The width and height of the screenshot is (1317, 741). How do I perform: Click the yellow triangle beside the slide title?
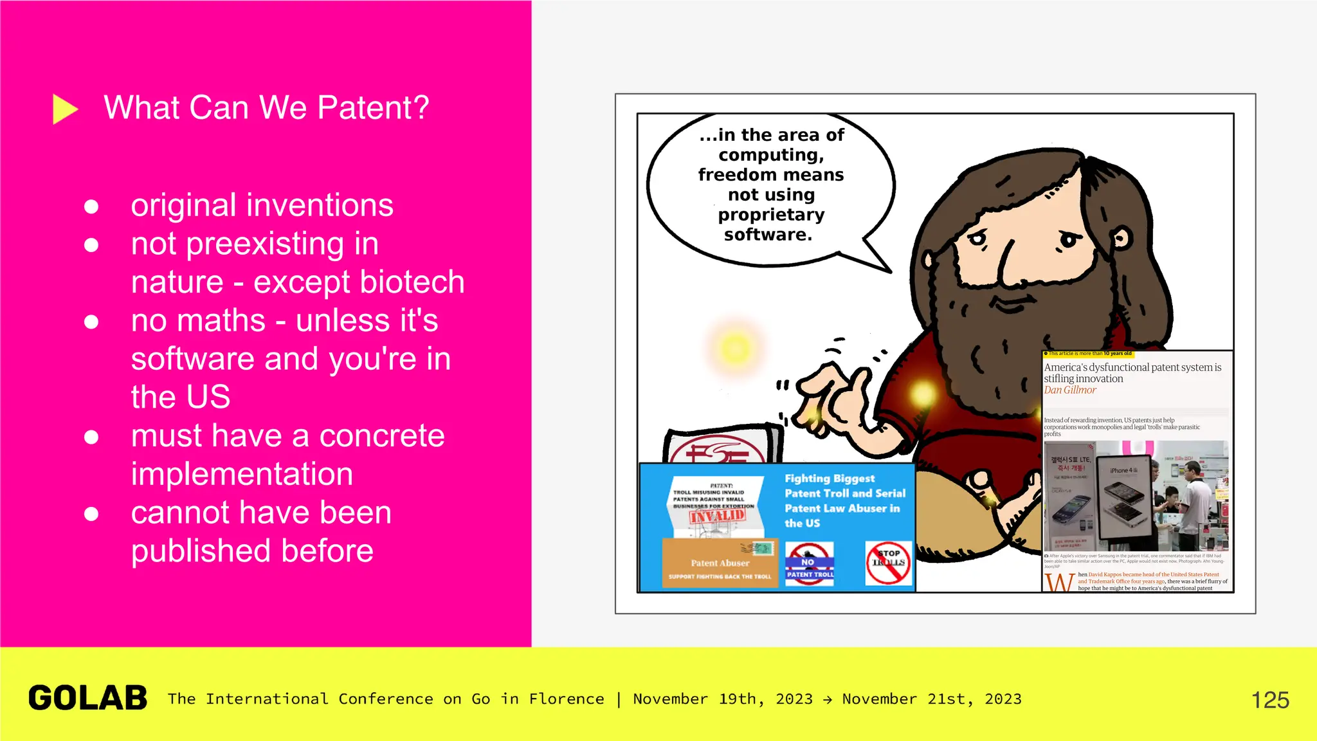click(x=64, y=109)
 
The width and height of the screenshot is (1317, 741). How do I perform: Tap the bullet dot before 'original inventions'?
click(x=91, y=206)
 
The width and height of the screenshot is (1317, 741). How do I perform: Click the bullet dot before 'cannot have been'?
click(x=91, y=514)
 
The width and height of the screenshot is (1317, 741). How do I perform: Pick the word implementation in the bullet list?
click(x=242, y=474)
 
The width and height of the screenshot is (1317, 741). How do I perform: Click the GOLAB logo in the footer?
click(x=88, y=699)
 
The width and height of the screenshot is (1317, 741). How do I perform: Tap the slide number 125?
click(x=1269, y=700)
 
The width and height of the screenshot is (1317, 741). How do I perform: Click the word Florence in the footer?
click(x=566, y=699)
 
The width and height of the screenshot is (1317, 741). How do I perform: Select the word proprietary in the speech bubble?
click(x=771, y=215)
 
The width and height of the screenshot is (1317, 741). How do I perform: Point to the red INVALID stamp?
click(x=717, y=516)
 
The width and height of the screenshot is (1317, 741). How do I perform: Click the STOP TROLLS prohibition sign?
click(x=889, y=562)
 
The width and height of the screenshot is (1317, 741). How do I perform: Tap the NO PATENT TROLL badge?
click(x=810, y=563)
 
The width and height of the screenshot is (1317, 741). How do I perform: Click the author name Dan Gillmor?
click(x=1070, y=390)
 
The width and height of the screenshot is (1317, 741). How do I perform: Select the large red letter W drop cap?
click(x=1058, y=581)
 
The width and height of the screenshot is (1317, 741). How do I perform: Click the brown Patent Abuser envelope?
click(x=720, y=563)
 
